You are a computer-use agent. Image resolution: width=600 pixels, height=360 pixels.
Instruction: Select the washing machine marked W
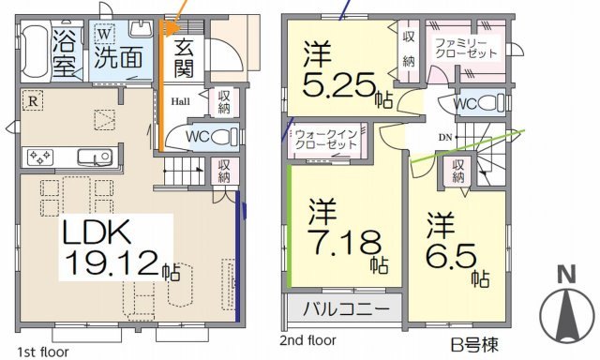point(104,34)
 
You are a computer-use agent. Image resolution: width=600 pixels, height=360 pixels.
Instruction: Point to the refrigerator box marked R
point(33,101)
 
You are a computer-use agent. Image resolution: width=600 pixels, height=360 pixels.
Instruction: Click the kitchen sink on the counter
point(95,157)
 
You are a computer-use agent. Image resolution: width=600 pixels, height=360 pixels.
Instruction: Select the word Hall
point(180,102)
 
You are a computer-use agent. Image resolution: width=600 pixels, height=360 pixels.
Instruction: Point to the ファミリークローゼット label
point(466,48)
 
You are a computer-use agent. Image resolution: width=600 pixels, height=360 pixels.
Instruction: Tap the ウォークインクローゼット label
point(326,140)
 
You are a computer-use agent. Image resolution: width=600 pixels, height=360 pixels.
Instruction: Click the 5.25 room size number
point(338,85)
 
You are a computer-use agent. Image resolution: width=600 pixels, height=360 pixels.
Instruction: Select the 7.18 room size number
point(345,243)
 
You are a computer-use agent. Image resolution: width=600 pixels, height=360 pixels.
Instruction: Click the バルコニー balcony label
point(346,308)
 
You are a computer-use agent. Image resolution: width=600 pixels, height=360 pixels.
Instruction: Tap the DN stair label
point(445,137)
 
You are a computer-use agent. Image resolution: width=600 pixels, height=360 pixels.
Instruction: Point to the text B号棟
point(474,345)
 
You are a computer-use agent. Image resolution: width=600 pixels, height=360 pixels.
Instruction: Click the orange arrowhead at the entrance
point(172,28)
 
